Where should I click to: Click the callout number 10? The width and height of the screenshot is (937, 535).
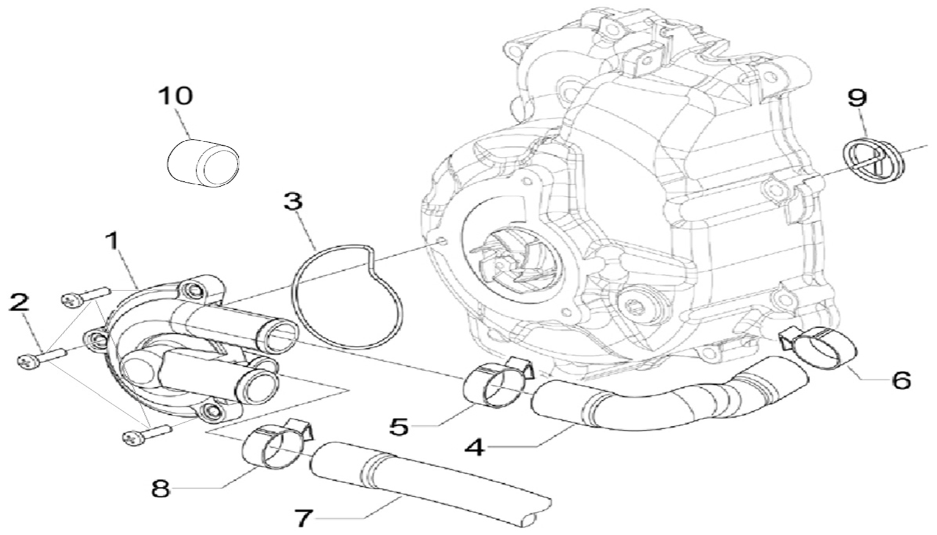pos(175,96)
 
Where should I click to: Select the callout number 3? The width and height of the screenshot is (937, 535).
pos(293,202)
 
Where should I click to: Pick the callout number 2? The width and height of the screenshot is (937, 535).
pos(21,303)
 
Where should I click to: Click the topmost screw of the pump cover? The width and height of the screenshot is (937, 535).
pos(85,296)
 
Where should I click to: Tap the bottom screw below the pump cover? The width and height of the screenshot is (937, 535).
pos(146,434)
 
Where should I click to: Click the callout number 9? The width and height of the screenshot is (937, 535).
pos(856,97)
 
